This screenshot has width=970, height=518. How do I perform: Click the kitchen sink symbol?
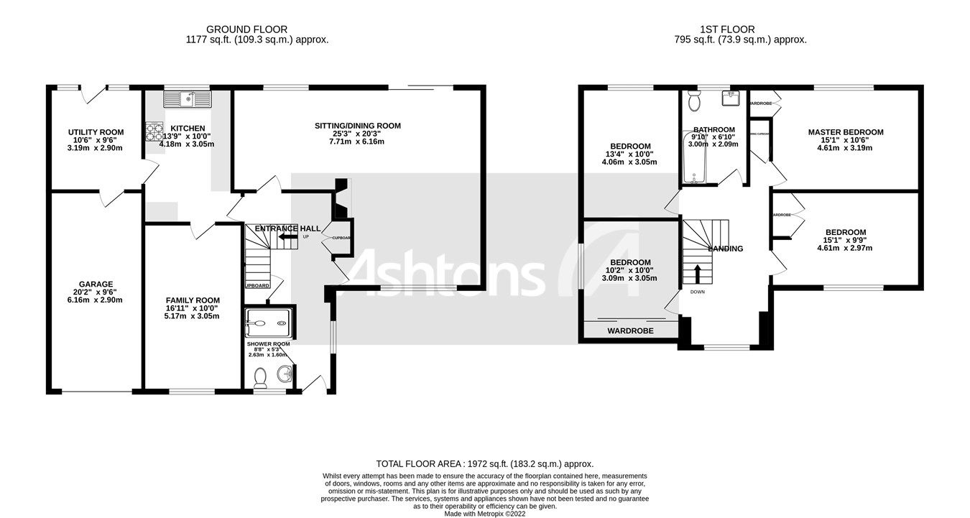186,98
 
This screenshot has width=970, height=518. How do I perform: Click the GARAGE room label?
96,284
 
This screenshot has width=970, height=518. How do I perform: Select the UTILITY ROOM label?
96,132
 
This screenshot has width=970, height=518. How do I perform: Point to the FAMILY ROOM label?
193,300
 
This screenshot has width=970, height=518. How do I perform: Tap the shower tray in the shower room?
269,323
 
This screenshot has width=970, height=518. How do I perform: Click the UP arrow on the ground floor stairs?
288,236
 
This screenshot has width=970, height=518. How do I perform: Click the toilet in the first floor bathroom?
693,102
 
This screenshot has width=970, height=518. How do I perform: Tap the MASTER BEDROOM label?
845,132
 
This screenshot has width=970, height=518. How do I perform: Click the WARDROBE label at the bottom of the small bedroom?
629,331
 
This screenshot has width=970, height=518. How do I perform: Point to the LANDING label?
725,249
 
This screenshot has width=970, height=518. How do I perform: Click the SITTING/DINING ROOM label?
357,126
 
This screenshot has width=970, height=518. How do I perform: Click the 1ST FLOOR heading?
727,29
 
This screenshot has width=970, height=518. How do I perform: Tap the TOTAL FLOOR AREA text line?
485,464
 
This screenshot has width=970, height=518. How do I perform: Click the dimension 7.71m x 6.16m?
357,142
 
